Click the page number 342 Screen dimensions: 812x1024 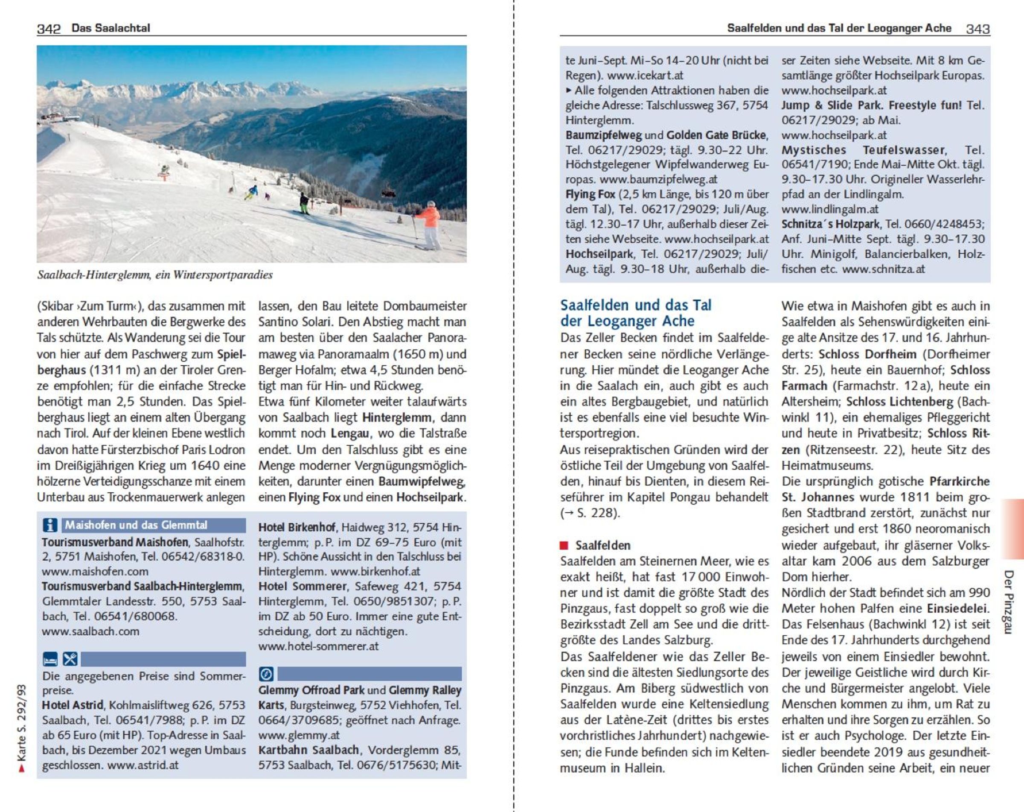[x=49, y=29]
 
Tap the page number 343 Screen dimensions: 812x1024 [x=977, y=29]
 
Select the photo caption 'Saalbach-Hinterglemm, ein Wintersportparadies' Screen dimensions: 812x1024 [x=155, y=275]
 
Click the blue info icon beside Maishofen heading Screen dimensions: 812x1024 [x=50, y=525]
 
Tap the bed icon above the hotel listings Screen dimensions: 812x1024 [x=50, y=660]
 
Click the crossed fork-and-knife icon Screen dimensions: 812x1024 [x=70, y=660]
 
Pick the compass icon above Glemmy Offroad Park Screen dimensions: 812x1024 [x=266, y=674]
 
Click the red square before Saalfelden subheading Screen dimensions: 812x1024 [x=564, y=545]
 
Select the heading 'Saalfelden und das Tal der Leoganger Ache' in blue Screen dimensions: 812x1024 [x=635, y=313]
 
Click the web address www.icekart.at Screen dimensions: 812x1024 [x=645, y=76]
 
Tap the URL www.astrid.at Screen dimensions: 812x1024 [x=143, y=765]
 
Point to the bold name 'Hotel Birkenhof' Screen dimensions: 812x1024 [x=297, y=527]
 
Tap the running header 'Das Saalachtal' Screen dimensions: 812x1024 [x=111, y=28]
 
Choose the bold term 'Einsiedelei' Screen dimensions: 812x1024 [x=957, y=609]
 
